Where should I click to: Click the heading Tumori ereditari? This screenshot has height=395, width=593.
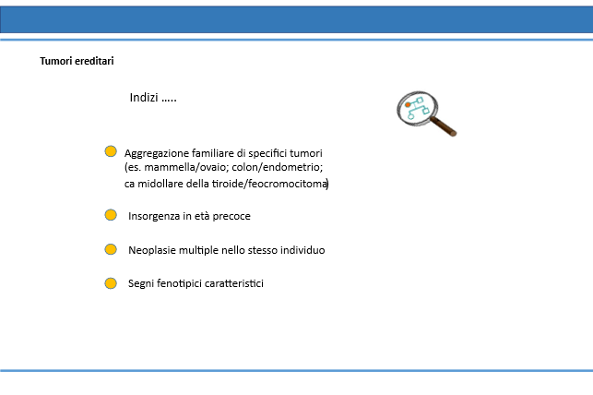(x=77, y=61)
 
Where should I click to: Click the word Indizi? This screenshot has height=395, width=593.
(x=144, y=97)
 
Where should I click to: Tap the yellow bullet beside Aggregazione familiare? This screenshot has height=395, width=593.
(x=111, y=151)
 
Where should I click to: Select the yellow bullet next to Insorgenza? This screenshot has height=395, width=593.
(x=111, y=215)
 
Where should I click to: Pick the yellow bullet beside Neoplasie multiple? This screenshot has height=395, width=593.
(x=111, y=249)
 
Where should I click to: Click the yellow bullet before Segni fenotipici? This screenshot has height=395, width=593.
(x=111, y=283)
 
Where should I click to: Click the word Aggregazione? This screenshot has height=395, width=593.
(x=157, y=153)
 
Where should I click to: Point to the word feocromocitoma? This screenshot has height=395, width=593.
(x=288, y=184)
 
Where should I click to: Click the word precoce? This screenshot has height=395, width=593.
(x=231, y=216)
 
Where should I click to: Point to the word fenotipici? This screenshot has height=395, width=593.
(x=179, y=283)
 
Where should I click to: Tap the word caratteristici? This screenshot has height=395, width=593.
(x=234, y=283)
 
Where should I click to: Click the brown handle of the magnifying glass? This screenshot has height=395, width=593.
(x=444, y=126)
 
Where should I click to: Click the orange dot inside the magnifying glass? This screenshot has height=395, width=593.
(x=408, y=105)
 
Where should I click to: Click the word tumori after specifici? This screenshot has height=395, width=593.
(x=305, y=153)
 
